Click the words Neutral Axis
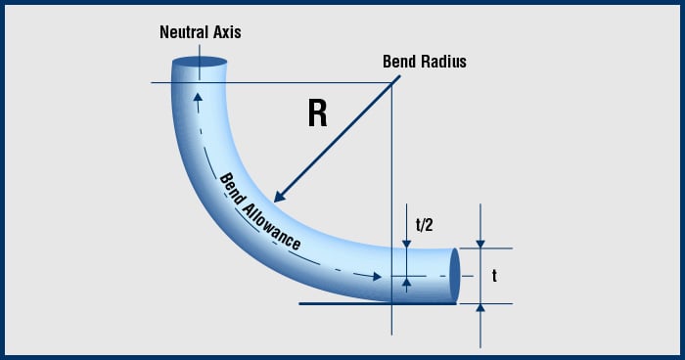(x=200, y=32)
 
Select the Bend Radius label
(x=424, y=62)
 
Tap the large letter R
(x=317, y=113)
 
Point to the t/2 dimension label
(x=424, y=224)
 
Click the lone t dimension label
(x=494, y=277)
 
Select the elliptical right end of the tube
(x=455, y=276)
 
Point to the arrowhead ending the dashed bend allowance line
(x=377, y=277)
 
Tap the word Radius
(x=445, y=62)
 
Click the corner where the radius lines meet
(x=391, y=82)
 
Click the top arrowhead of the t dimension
(x=479, y=244)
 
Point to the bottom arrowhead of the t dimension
(x=479, y=308)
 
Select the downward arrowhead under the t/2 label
(x=406, y=244)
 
